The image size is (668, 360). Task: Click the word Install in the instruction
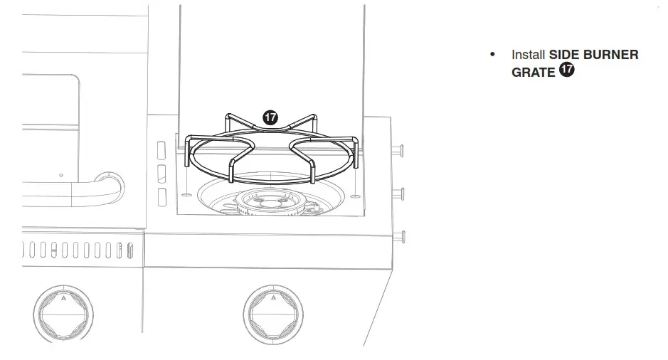click(x=528, y=55)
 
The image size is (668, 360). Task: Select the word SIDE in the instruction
click(x=565, y=55)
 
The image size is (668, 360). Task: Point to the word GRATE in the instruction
click(x=533, y=72)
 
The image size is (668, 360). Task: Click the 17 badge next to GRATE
click(x=567, y=70)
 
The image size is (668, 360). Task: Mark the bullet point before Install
click(x=492, y=55)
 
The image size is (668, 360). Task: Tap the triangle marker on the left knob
click(x=63, y=299)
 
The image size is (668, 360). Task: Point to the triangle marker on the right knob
click(x=274, y=299)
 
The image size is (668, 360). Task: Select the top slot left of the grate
click(x=161, y=151)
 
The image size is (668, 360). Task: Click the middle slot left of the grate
click(x=161, y=174)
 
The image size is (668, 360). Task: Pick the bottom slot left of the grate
click(x=161, y=197)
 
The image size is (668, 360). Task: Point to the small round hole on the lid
click(x=62, y=174)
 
